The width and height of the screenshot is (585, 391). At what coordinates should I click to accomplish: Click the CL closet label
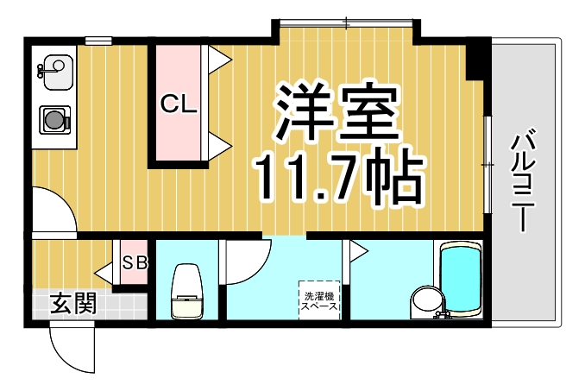(x=181, y=105)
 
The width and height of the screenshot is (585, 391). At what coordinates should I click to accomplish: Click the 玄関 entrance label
(x=72, y=304)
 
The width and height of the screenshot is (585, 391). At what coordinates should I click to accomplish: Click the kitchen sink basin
(x=55, y=67)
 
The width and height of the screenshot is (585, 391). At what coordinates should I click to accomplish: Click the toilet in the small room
(x=186, y=293)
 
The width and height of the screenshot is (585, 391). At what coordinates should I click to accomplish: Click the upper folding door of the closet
(x=218, y=57)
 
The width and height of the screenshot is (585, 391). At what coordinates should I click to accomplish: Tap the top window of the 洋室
(x=346, y=23)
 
